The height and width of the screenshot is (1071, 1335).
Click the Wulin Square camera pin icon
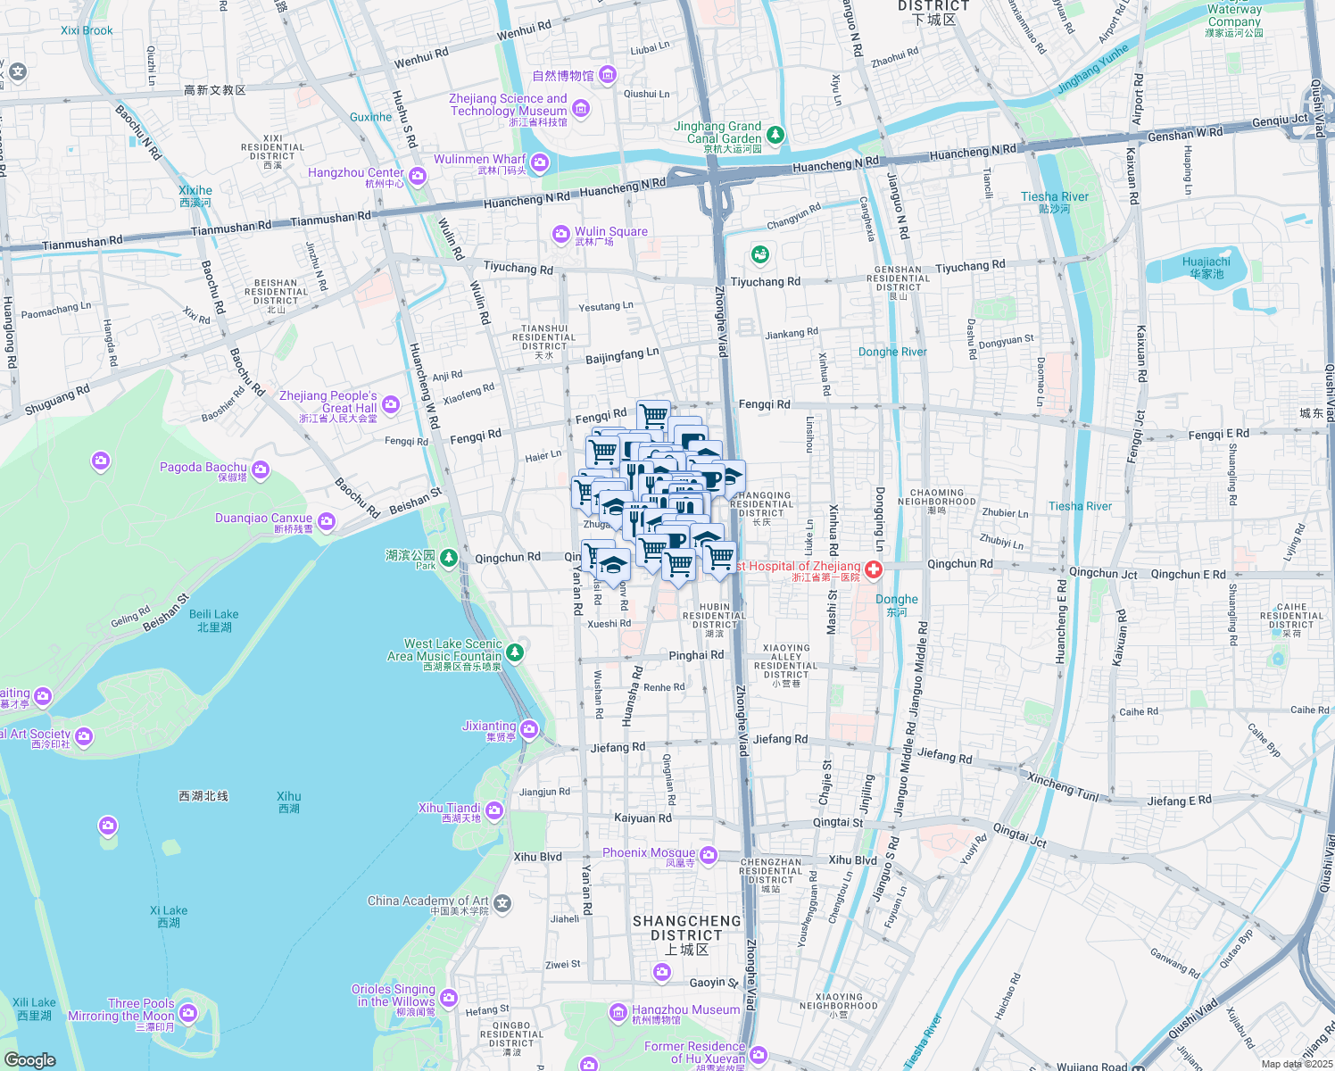coord(560,234)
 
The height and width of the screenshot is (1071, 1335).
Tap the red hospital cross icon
coord(873,569)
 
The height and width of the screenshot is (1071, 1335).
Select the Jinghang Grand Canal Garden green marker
coord(775,135)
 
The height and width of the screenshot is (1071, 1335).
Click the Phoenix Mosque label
coord(648,853)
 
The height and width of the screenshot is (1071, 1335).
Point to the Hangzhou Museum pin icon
coord(618,1012)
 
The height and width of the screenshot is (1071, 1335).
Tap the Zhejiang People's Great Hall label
coord(328,402)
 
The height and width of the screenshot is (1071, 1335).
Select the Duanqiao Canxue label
coord(264,519)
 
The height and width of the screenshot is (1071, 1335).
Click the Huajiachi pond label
coord(1206,267)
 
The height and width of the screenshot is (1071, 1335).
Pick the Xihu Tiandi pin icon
coord(494,810)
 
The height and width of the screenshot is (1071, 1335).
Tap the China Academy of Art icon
coord(502,903)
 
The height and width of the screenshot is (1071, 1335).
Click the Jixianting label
coord(489,726)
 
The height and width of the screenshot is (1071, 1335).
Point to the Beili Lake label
coord(214,619)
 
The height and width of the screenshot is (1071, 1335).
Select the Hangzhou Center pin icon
coord(418,176)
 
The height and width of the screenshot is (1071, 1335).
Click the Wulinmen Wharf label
coord(479,160)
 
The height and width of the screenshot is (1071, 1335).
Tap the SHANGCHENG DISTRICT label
coord(686,928)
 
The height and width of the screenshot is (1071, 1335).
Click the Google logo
coord(30,1059)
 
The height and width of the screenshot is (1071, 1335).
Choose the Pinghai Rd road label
coord(696,655)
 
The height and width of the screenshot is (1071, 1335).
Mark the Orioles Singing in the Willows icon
coord(449,997)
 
